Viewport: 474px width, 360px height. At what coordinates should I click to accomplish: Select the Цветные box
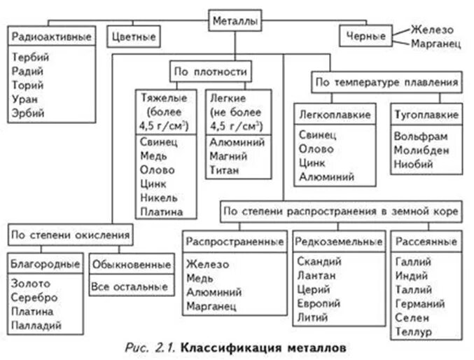tap(133, 35)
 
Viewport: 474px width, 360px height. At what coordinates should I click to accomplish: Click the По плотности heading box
tap(209, 71)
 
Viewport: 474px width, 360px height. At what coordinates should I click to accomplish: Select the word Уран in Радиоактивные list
tap(25, 99)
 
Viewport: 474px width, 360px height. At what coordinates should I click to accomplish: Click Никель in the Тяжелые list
tap(158, 198)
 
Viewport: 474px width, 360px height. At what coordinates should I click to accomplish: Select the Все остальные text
tap(130, 286)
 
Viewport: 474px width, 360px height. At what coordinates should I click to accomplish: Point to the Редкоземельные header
tap(339, 242)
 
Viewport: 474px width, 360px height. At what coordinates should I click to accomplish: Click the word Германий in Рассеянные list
tap(420, 303)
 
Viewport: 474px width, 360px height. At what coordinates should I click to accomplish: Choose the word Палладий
tap(36, 325)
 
